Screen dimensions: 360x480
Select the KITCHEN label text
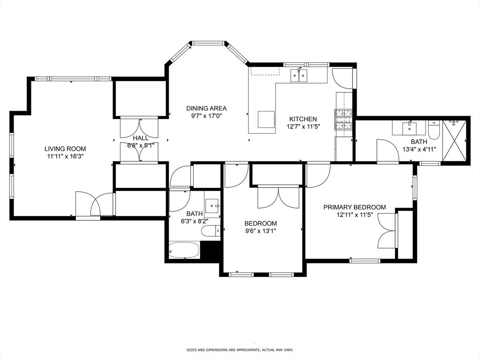click(x=302, y=119)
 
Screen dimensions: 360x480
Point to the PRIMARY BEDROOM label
click(x=354, y=207)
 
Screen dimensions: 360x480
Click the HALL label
click(x=140, y=138)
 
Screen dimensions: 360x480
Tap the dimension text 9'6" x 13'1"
click(x=261, y=231)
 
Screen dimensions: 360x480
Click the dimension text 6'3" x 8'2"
click(x=194, y=222)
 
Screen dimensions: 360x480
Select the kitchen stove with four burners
click(x=343, y=120)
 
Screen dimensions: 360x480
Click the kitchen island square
click(x=266, y=119)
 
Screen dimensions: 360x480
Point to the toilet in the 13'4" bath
click(x=434, y=130)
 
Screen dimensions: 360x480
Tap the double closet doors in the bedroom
click(x=278, y=197)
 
